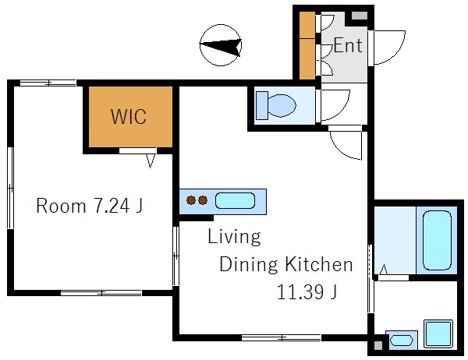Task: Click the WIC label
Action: (129, 116)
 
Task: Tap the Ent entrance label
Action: (348, 45)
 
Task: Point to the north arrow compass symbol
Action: (221, 45)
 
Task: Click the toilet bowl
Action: (282, 105)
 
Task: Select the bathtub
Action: (437, 240)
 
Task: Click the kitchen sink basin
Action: (236, 200)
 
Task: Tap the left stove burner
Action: (191, 200)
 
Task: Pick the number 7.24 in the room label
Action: (112, 206)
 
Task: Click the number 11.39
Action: (300, 291)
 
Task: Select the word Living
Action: (234, 236)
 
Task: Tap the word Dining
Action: (249, 265)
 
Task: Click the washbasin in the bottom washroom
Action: (401, 340)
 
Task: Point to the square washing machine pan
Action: (438, 334)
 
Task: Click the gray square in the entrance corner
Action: (360, 16)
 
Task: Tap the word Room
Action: (61, 206)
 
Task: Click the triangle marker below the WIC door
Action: (151, 161)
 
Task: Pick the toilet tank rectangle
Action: (262, 105)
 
